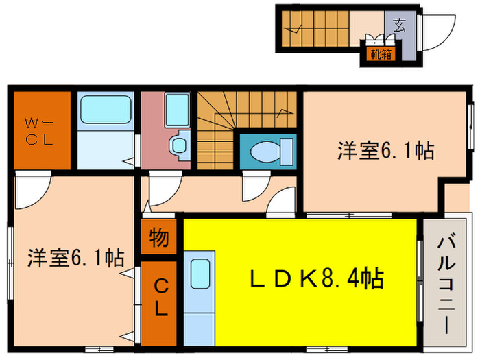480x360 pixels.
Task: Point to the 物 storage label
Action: point(159,239)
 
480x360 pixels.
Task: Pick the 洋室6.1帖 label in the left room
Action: point(75,259)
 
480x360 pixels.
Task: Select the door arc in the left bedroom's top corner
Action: point(31,189)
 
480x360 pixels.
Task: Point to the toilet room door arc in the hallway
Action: point(254,186)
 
